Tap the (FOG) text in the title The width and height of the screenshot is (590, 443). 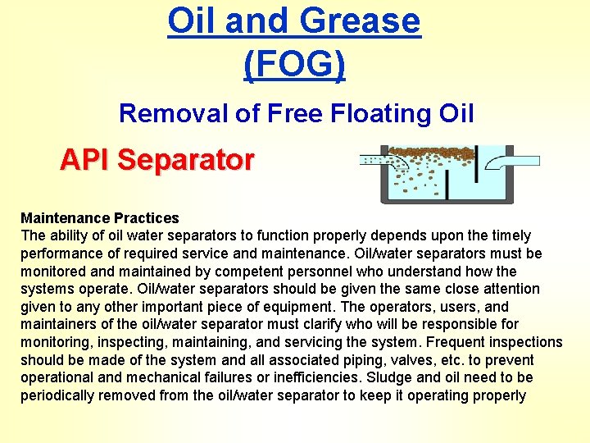pos(294,64)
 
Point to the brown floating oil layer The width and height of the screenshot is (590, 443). pos(434,155)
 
